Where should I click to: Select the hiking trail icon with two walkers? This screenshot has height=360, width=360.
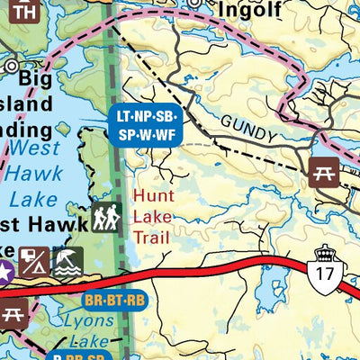[x=106, y=217]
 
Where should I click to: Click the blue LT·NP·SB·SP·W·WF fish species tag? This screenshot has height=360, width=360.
[x=145, y=126]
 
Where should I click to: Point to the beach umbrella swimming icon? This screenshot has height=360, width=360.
[x=68, y=262]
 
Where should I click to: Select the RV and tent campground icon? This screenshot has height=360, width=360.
[x=34, y=262]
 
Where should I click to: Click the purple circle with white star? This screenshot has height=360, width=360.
[x=4, y=273]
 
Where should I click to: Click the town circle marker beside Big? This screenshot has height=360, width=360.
[x=12, y=65]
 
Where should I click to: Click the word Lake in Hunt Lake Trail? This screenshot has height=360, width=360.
[x=149, y=216]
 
